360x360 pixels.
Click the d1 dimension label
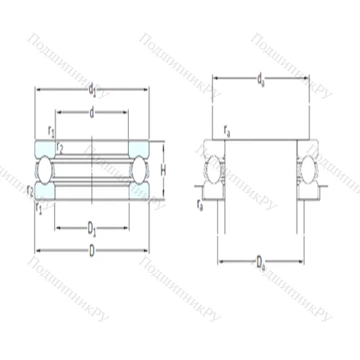pyautogui.click(x=92, y=90)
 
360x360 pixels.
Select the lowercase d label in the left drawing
pyautogui.click(x=92, y=112)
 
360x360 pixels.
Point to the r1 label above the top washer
pyautogui.click(x=50, y=130)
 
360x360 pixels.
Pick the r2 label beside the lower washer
pyautogui.click(x=30, y=189)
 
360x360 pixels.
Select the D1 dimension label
pyautogui.click(x=92, y=230)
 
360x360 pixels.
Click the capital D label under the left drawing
pyautogui.click(x=92, y=251)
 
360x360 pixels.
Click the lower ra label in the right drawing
pyautogui.click(x=199, y=204)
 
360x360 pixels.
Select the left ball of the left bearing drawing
pyautogui.click(x=45, y=170)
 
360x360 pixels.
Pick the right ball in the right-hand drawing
pyautogui.click(x=307, y=170)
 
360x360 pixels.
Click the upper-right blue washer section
pyautogui.click(x=139, y=148)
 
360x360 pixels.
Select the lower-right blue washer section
pyautogui.click(x=139, y=192)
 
